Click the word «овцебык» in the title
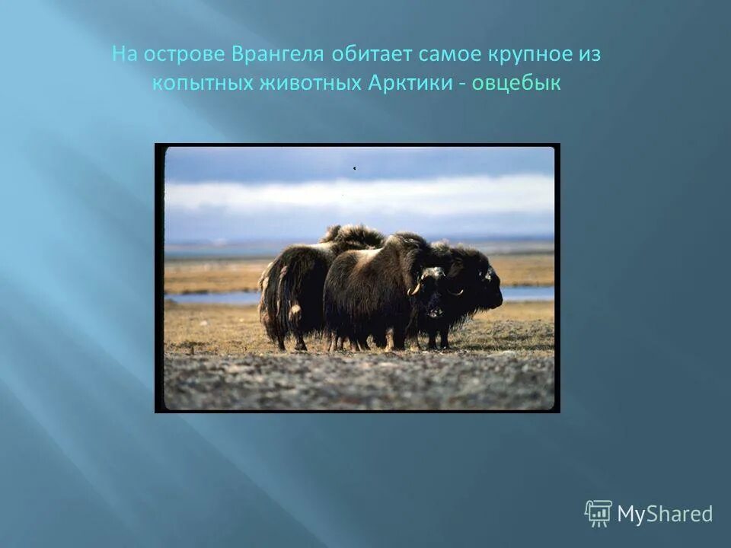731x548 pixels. [x=516, y=84]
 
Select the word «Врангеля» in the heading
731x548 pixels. [x=283, y=56]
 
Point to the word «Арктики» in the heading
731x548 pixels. [x=410, y=84]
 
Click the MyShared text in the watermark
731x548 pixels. [x=665, y=515]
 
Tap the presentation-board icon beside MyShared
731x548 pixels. [x=599, y=514]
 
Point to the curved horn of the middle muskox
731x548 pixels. [x=416, y=288]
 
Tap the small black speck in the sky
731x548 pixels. [x=354, y=168]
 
